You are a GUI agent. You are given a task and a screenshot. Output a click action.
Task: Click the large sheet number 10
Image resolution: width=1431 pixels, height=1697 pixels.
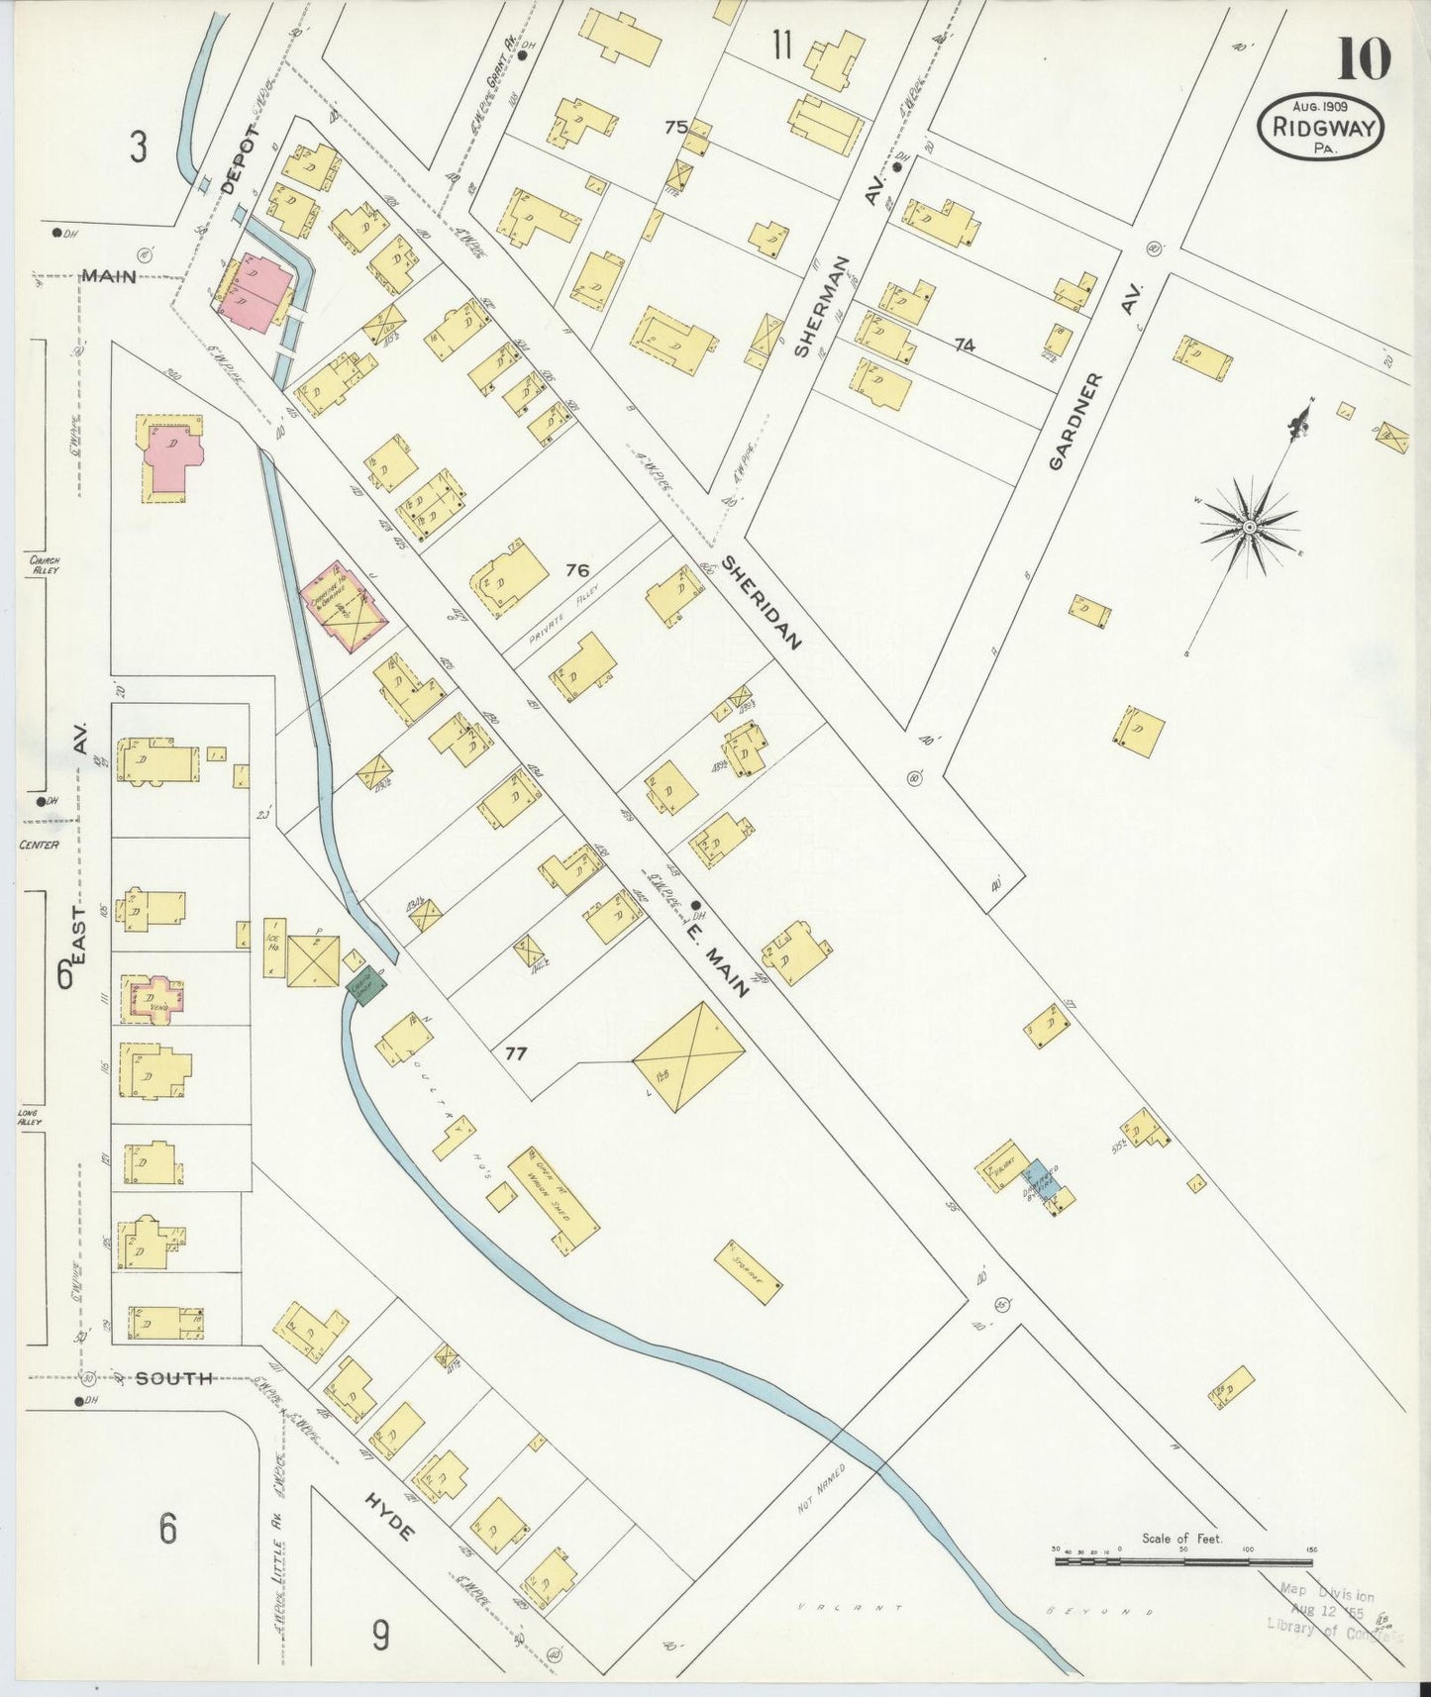1364,59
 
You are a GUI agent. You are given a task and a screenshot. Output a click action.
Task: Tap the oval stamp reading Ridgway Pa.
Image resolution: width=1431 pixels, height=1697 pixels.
1320,127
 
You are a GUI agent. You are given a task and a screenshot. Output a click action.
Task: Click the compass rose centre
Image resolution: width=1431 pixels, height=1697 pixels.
1250,527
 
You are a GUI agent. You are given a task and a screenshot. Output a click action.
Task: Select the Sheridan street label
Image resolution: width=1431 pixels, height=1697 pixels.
761,601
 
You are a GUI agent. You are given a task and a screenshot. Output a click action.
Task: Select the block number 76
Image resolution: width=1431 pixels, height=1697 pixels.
577,570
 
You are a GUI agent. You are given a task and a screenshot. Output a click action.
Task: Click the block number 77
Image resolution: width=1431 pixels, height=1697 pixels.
515,1053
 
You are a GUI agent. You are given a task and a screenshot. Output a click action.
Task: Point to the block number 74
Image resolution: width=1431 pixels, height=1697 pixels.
964,345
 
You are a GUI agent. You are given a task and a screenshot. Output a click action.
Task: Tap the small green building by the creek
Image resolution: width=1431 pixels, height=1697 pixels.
358,987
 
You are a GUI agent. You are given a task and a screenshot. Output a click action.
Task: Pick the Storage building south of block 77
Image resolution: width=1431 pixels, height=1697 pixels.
748,1272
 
